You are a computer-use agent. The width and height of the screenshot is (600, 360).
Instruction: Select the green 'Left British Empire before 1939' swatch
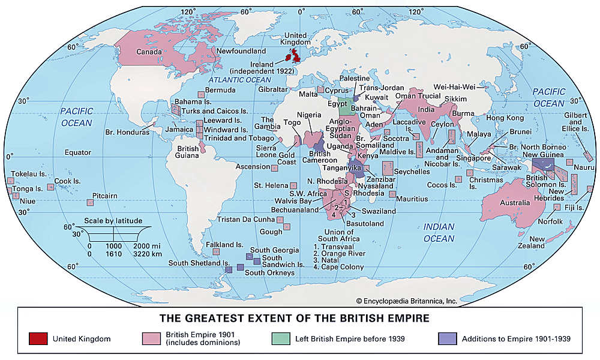coord(281,339)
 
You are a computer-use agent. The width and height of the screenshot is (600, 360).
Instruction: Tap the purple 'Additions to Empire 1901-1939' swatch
coord(448,339)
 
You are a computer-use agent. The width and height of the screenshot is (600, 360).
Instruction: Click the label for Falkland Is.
coord(224,245)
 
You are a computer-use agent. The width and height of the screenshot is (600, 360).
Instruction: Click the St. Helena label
coord(269,185)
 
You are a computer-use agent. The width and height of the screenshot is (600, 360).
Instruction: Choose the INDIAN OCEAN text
coord(439,232)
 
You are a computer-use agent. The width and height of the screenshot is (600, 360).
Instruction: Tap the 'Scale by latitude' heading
coord(113,221)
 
